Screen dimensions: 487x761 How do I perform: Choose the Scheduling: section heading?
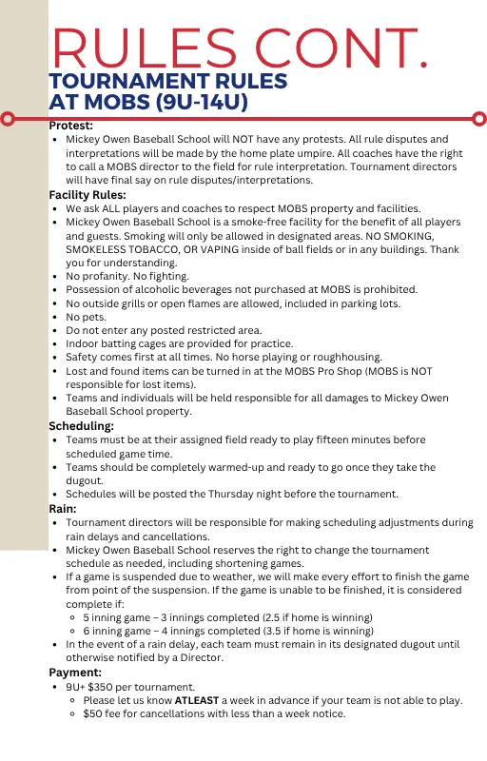tap(82, 426)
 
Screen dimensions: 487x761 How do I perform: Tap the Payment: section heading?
tap(75, 673)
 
